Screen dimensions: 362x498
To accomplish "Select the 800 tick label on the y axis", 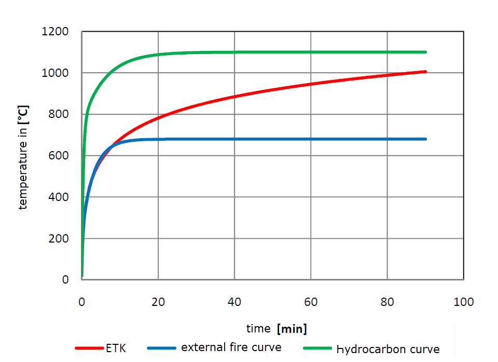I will point(59,115).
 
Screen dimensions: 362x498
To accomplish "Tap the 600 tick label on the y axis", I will point(59,156).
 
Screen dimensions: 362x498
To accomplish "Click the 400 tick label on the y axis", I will point(59,197).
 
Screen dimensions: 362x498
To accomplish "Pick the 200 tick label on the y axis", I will point(59,239).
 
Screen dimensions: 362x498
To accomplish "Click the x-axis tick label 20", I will point(158,302).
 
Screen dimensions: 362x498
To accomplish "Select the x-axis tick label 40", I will point(234,302).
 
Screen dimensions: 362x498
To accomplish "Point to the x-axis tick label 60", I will point(311,302).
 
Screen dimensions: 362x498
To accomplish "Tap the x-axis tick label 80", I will point(387,302).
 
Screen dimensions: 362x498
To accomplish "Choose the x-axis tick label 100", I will point(463,302).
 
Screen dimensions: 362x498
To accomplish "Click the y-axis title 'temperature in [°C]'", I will point(23,156).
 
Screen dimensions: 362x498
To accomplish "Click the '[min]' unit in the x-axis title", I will point(292,329).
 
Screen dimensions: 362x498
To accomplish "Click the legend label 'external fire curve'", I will point(231,347).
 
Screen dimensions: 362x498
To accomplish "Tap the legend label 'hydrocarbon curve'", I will point(388,349).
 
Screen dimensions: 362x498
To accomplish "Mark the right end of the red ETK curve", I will point(425,71).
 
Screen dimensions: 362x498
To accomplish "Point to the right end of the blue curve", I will point(425,139).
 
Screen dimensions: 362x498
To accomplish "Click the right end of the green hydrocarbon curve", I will point(425,52).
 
